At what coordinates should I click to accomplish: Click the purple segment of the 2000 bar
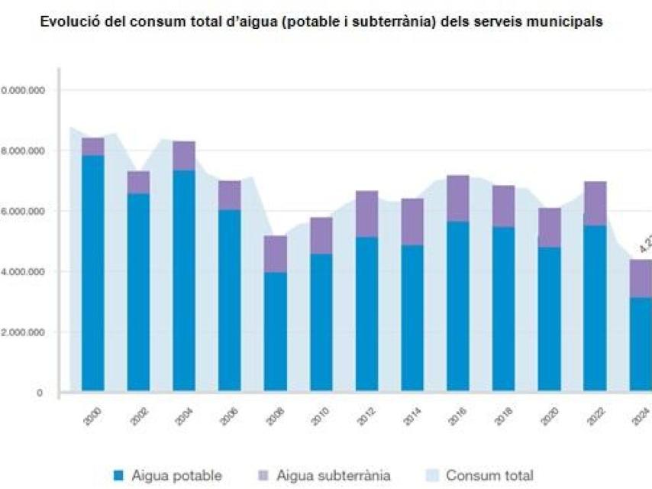pos(92,146)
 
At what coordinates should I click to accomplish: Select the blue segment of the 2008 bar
pos(275,332)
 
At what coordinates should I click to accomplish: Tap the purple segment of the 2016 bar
pos(457,199)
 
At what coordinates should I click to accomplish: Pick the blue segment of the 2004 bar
pos(184,280)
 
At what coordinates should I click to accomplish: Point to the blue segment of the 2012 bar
pos(366,314)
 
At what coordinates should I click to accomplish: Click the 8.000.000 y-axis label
pos(24,151)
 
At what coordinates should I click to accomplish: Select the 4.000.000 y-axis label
pos(24,271)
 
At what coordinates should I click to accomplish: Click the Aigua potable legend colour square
pos(118,475)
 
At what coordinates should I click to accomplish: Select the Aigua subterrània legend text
pos(334,475)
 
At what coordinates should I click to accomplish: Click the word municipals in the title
pos(564,22)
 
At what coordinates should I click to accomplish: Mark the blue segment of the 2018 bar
pos(503,309)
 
